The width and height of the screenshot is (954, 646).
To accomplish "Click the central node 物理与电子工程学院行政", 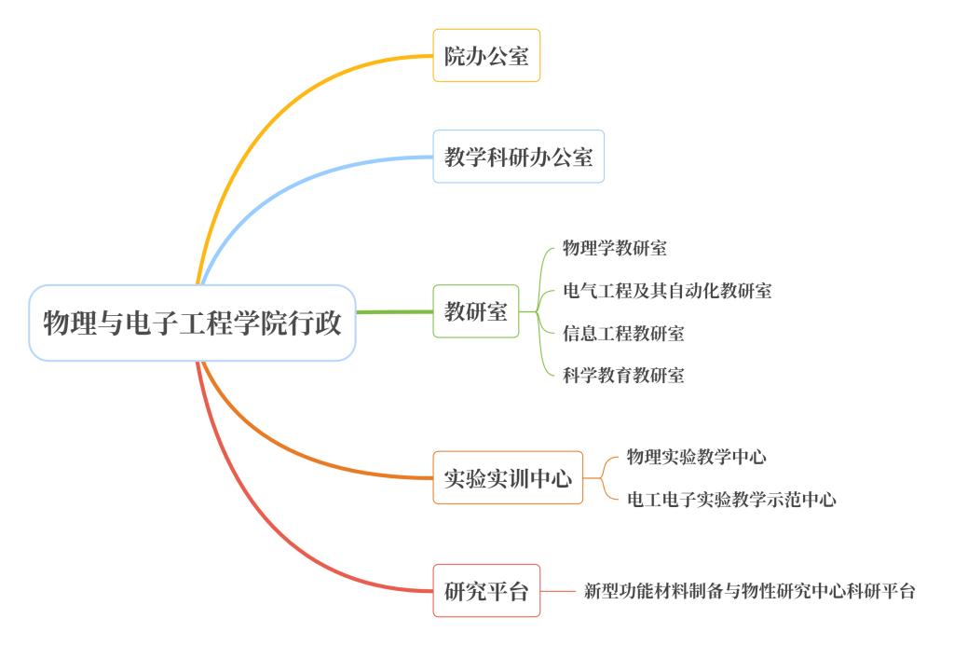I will point(192,323).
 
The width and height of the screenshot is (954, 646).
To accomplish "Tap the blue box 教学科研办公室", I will point(518,157).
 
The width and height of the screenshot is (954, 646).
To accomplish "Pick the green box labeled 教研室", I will point(475,311).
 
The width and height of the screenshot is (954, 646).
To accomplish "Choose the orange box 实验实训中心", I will point(508,478).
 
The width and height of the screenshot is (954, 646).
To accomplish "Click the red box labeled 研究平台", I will point(486,590).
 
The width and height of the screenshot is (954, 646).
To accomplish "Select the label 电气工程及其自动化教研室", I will point(667,290).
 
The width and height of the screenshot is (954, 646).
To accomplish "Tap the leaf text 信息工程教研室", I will point(623,333).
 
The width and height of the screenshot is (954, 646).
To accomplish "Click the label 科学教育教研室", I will point(623,376).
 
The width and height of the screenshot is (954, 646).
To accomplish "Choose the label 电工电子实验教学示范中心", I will point(731,500).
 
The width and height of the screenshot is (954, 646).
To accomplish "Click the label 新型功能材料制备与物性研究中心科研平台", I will point(749,590).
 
